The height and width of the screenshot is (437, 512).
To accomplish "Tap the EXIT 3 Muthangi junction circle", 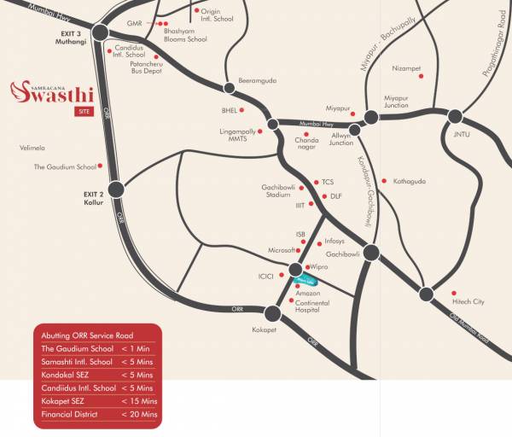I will coord(100,32).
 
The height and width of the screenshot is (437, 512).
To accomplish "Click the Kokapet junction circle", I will coord(273,313).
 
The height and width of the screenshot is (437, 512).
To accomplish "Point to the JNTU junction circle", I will coord(454,117).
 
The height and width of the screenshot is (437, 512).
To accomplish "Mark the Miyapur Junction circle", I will coord(372,117).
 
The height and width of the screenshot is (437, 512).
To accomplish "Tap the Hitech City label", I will coord(468,301).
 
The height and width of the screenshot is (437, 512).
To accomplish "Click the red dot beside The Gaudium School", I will coord(101,166).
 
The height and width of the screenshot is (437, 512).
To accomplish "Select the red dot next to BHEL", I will coord(242,110).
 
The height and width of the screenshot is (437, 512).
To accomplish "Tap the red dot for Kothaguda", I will coord(385,181).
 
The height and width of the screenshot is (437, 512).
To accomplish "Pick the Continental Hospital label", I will coord(312,307).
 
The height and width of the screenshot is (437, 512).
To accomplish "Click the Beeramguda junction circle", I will coord(229,87).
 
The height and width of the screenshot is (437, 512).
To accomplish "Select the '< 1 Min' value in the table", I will coord(136,348).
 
